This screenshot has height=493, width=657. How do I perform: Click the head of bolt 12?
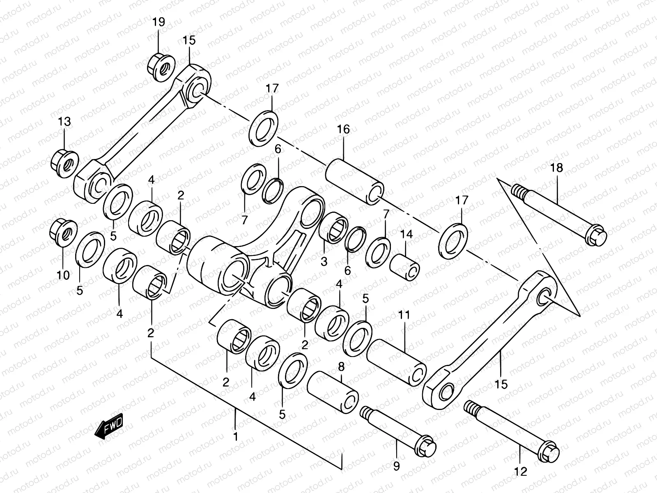coord(549,454)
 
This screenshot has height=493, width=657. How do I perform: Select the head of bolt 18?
coord(595,237)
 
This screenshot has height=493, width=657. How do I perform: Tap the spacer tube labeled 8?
coord(333,391)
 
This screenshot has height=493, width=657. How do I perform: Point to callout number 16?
coord(343,129)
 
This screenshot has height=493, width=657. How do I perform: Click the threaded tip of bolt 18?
coord(519,191)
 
